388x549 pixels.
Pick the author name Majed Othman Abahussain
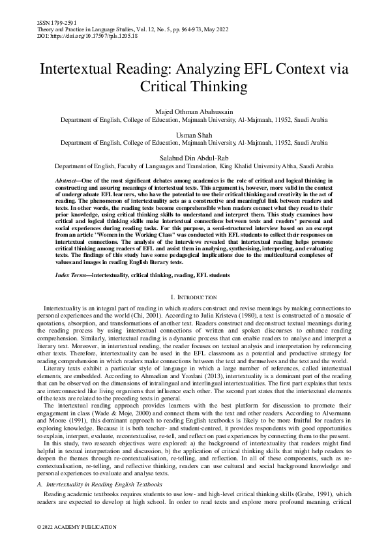(194, 112)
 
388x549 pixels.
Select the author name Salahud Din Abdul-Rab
(194, 157)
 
